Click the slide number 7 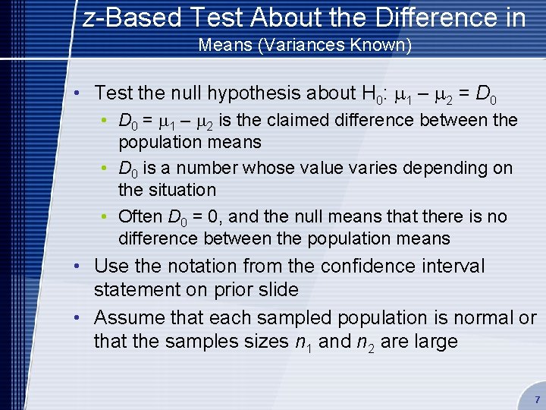(x=537, y=399)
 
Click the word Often (x=140, y=216)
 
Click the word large (x=435, y=342)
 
